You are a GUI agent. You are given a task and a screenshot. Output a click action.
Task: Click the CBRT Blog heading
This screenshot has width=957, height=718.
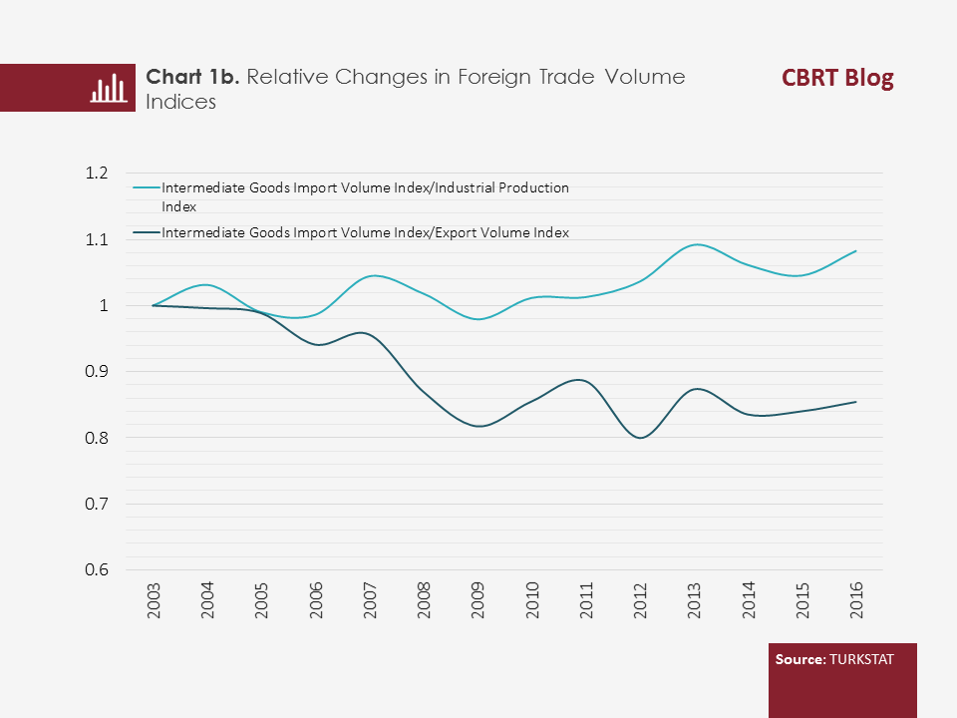tap(837, 79)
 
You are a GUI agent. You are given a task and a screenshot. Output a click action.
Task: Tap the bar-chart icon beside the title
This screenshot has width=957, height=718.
tap(108, 89)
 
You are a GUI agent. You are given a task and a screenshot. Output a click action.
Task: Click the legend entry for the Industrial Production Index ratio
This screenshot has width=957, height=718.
tap(365, 195)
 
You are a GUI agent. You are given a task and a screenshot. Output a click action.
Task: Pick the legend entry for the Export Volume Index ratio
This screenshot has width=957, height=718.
tap(365, 232)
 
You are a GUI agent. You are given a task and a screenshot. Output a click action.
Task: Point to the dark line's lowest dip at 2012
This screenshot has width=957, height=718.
tap(639, 438)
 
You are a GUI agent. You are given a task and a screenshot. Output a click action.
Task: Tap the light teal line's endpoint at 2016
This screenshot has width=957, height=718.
tap(855, 251)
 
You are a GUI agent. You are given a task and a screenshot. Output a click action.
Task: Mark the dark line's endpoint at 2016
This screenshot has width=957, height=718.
tap(855, 402)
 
